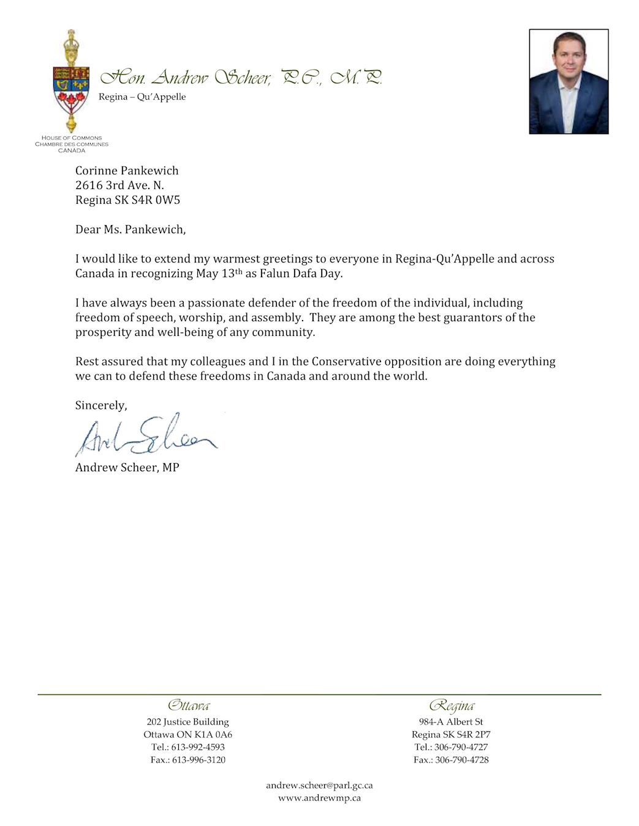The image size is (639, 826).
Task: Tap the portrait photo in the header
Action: pos(569,81)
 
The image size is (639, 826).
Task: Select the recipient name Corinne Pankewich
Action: pos(127,171)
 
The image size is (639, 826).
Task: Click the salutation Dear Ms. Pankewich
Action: pos(130,229)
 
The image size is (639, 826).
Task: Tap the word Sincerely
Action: pos(101,405)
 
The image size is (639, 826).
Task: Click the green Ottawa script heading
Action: pos(188,705)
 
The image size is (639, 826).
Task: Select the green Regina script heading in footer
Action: pos(452,705)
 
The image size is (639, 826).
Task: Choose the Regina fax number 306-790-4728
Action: pos(461,760)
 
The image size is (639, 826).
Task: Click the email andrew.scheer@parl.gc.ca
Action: pos(319,785)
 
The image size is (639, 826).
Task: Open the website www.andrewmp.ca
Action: pos(319,798)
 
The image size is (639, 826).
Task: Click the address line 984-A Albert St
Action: pos(451,722)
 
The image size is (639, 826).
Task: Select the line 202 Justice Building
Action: pos(187,722)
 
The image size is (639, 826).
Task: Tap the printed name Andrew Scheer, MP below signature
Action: pos(127,467)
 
